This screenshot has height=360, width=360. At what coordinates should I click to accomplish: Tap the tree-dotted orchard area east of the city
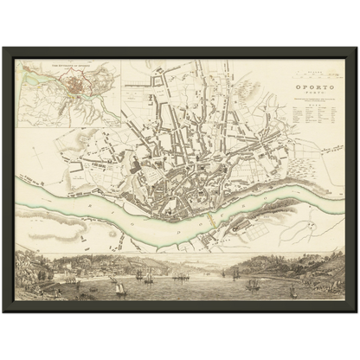click(x=286, y=164)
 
